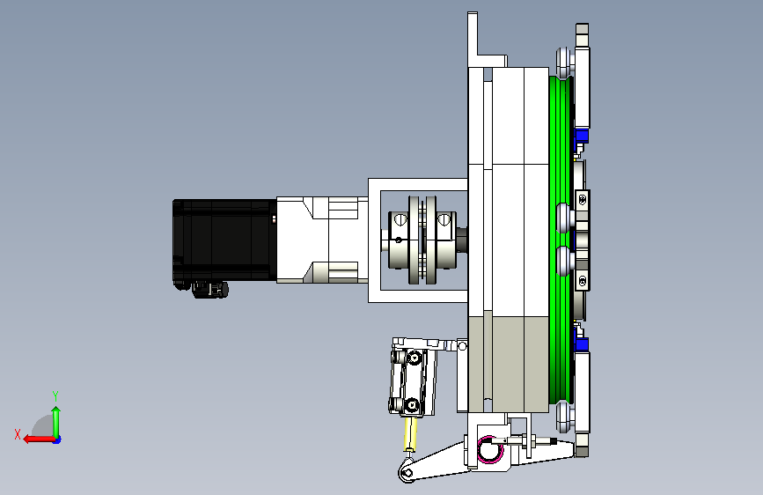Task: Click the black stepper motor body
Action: [224, 240]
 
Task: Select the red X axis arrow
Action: [39, 440]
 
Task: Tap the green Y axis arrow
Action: [56, 422]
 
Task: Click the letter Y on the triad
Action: [55, 395]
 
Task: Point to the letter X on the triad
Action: [18, 434]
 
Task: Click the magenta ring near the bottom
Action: [489, 449]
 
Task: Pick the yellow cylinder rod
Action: [410, 433]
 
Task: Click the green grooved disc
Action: [560, 240]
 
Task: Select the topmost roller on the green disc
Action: [564, 63]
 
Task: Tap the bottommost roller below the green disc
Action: [564, 417]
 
